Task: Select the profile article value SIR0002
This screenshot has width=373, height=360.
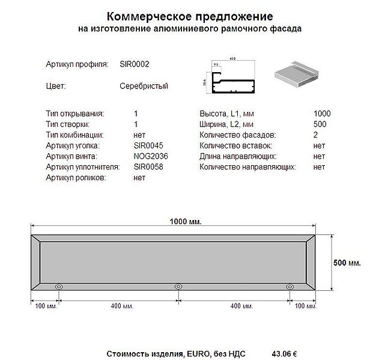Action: (x=135, y=63)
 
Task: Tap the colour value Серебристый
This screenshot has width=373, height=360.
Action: (x=144, y=86)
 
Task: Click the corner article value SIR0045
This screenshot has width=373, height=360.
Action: (x=148, y=145)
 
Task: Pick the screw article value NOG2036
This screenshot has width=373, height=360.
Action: (x=151, y=156)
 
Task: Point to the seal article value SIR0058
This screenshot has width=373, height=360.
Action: (x=148, y=167)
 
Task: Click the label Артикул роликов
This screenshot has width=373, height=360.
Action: (x=76, y=178)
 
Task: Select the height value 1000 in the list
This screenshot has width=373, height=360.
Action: (x=322, y=114)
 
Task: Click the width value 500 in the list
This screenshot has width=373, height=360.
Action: (x=320, y=124)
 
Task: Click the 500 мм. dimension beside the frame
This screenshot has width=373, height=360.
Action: (x=347, y=263)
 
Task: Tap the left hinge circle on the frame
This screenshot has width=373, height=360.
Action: (x=59, y=287)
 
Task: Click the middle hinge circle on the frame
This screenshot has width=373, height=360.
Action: (x=178, y=287)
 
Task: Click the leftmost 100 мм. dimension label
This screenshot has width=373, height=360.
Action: (x=46, y=306)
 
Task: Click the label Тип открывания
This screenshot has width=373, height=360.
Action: (x=74, y=114)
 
